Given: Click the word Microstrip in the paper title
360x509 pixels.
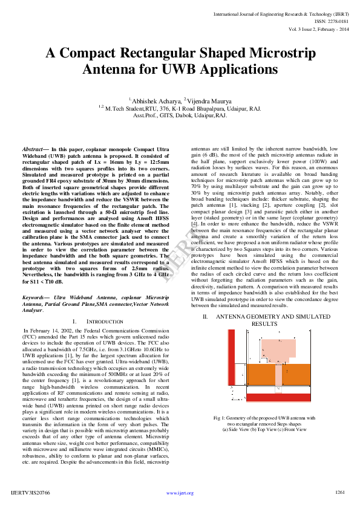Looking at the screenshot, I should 277,54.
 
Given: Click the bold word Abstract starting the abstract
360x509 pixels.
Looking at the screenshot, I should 34,149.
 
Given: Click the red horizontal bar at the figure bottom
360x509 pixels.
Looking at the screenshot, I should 278,397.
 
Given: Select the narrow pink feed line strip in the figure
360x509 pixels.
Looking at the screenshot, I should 278,378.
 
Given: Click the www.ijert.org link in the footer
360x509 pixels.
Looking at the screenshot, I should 180,493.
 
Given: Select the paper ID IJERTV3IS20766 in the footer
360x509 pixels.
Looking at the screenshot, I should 31,493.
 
